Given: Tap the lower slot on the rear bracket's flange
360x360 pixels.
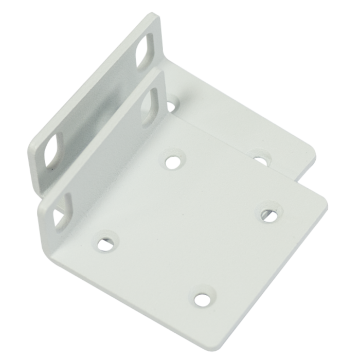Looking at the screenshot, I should (x=53, y=151).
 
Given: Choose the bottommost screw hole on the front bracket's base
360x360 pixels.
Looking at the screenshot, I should (x=202, y=298).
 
